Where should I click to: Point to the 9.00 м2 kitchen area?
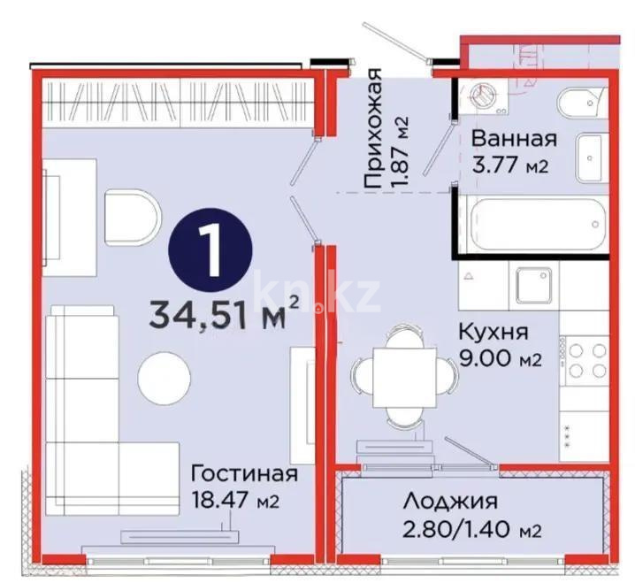click(x=498, y=359)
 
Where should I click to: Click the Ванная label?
click(x=513, y=139)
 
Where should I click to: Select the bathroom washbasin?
click(x=590, y=157)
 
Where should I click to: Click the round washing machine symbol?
click(x=484, y=96)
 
